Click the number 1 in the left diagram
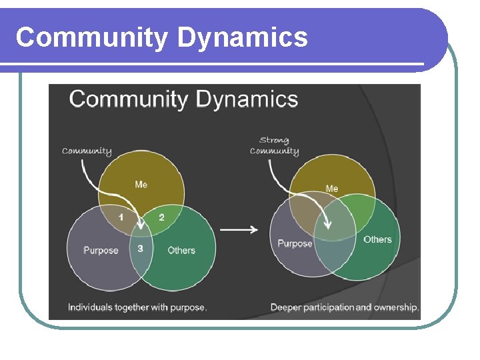tap(121, 217)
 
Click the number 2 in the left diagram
tap(161, 217)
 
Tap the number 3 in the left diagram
tap(140, 248)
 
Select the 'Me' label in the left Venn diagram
tap(141, 184)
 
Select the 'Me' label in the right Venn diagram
tap(331, 189)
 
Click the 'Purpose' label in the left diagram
tap(101, 251)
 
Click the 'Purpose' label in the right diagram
tap(295, 243)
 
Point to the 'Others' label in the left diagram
tap(181, 251)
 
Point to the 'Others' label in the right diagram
tap(377, 239)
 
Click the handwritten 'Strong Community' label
tap(274, 145)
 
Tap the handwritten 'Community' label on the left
tap(87, 151)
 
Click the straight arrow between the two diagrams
tap(239, 229)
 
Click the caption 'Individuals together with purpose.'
tap(137, 307)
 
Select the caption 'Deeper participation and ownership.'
tap(344, 307)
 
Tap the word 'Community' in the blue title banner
tap(92, 37)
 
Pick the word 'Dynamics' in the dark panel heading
tap(247, 100)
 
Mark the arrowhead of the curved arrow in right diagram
tap(327, 225)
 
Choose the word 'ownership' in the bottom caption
tap(396, 307)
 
